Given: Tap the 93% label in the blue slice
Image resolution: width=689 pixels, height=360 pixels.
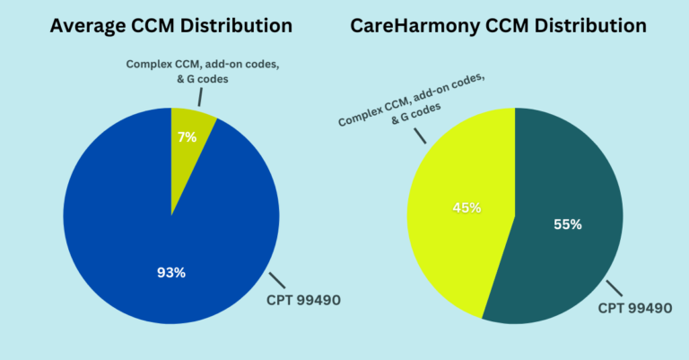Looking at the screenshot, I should coord(170,272).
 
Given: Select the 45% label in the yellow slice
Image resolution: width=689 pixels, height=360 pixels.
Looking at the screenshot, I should coord(467,207).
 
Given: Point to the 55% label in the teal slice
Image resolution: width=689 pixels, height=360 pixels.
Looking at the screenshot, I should coord(566,224).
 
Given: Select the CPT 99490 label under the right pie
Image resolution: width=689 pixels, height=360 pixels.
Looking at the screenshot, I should coord(636,309).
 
